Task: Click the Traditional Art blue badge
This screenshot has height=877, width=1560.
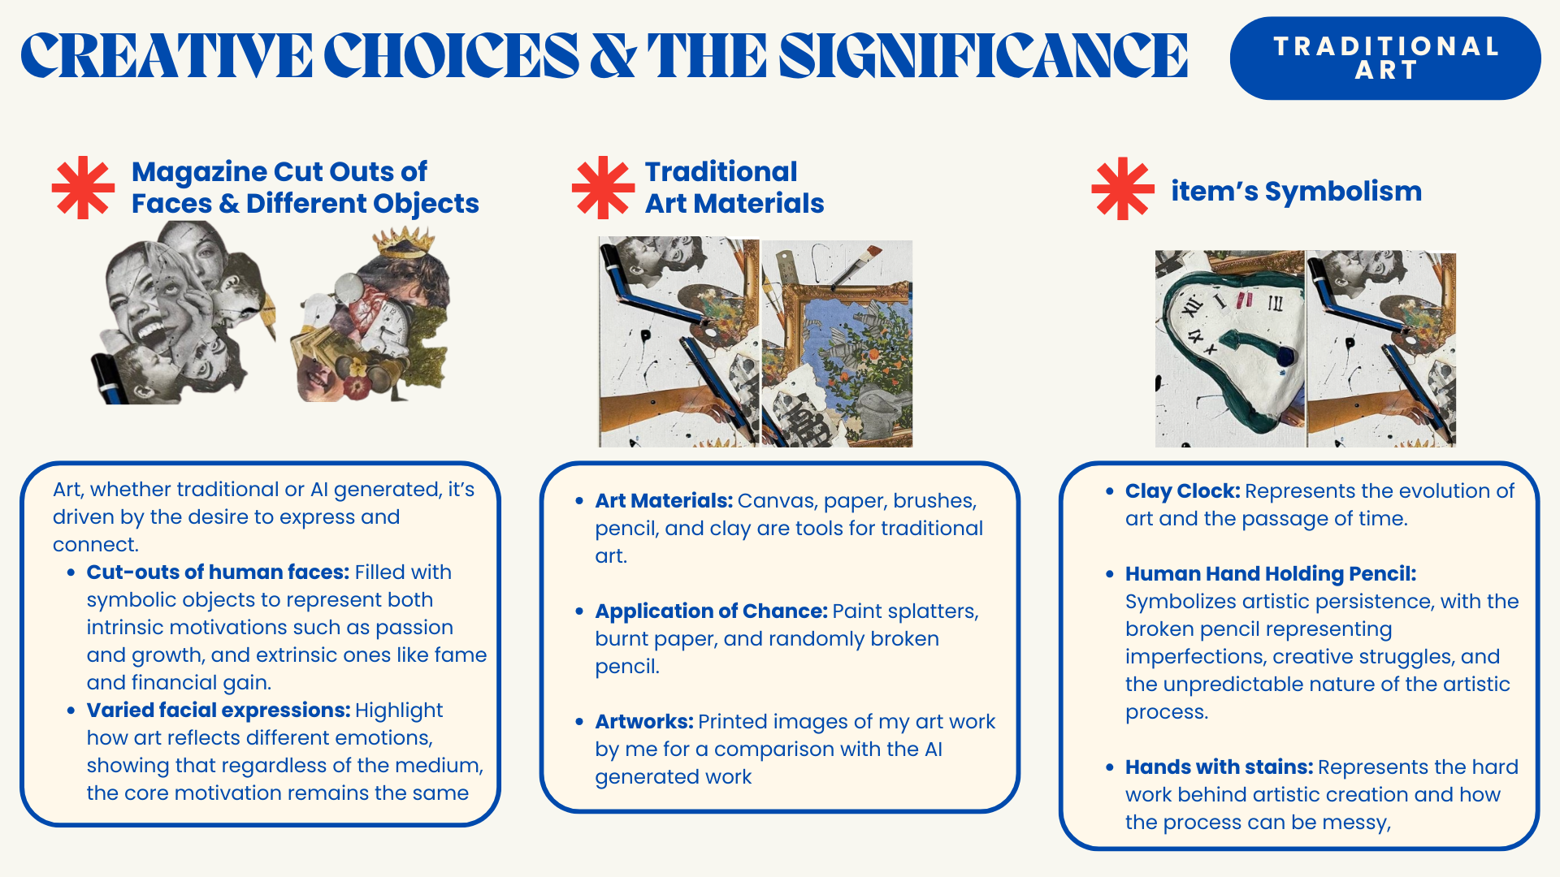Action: [1385, 58]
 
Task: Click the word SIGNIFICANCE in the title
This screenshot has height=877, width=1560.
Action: [983, 56]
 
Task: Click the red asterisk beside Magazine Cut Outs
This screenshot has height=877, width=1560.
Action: [83, 188]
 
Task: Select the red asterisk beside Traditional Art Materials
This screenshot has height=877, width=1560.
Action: [603, 188]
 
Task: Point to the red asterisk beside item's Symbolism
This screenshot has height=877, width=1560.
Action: [1123, 188]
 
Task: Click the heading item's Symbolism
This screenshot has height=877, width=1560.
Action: [1296, 191]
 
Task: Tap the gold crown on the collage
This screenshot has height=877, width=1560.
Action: [404, 242]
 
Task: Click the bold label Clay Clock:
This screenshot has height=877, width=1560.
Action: [1182, 490]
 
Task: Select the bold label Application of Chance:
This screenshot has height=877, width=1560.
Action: [711, 611]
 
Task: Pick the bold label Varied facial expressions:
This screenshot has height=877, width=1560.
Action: [219, 710]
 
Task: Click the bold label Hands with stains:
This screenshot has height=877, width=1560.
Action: [1219, 767]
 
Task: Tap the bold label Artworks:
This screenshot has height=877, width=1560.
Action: [644, 721]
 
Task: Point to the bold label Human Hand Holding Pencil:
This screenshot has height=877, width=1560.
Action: [1271, 573]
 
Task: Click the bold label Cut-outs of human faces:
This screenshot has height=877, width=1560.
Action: [218, 572]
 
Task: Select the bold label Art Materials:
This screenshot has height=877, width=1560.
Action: [664, 500]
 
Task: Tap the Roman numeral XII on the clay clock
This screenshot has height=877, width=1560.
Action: [1191, 308]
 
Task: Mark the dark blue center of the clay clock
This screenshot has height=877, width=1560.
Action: [1285, 356]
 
